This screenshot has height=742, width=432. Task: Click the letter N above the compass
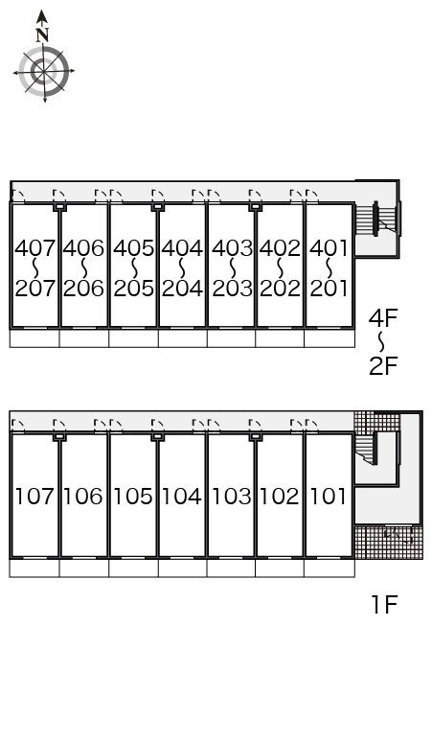coord(42,35)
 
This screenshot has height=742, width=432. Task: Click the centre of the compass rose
coord(44,72)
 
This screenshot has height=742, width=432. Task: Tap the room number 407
coord(35,248)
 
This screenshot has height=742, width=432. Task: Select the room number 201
coord(329,289)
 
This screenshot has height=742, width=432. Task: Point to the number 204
coord(182,289)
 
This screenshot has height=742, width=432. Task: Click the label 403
coord(232,248)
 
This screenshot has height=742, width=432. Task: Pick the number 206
coord(83,289)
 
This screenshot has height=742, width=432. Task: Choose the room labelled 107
coord(35,497)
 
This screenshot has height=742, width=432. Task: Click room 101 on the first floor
coord(329,497)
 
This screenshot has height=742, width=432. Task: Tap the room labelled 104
coord(182,497)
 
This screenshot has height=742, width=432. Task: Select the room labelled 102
coord(280,497)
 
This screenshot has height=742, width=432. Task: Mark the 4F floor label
coord(383,318)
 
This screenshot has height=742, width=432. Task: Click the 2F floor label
coord(383,366)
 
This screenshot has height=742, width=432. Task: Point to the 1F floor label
coord(384,605)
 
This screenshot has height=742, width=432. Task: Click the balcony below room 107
coord(34,568)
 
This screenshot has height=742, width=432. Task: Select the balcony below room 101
coord(329,568)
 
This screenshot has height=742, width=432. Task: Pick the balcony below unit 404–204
coord(182,338)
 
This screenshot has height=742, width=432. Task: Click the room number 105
coord(133,497)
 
